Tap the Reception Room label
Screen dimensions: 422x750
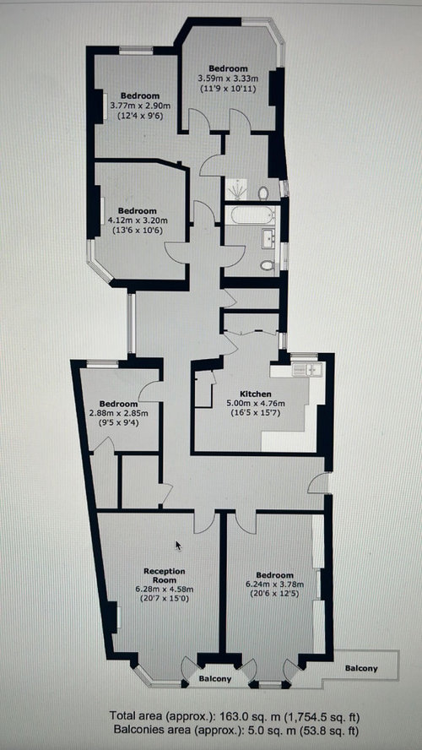pos(165,575)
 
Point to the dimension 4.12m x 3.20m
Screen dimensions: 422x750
pos(138,220)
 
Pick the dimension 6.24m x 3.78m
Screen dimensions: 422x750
pos(273,584)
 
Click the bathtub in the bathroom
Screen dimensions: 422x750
pos(251,215)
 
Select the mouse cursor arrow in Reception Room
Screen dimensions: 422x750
pos(178,546)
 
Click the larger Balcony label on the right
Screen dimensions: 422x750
pos(361,669)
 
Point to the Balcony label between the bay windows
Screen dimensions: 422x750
pos(215,679)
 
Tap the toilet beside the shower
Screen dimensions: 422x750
pos(263,193)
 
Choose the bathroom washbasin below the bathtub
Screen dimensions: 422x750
pos(268,238)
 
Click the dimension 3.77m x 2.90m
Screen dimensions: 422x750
pos(139,106)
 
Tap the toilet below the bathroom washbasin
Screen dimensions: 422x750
pos(268,264)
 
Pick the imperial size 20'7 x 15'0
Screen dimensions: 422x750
pos(165,598)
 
